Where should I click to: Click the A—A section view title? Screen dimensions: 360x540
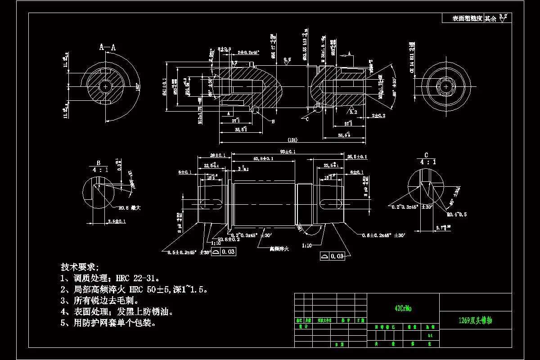(108, 47)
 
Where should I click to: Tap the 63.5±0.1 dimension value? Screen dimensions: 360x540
(263, 159)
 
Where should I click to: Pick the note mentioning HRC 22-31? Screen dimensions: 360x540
(110, 278)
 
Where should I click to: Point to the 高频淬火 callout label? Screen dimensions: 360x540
(279, 248)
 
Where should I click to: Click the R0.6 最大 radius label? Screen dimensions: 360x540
(130, 208)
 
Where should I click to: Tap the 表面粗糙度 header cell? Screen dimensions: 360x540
(467, 18)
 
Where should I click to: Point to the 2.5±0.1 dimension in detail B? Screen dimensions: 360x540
(117, 221)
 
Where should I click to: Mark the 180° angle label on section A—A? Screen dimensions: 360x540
(138, 86)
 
